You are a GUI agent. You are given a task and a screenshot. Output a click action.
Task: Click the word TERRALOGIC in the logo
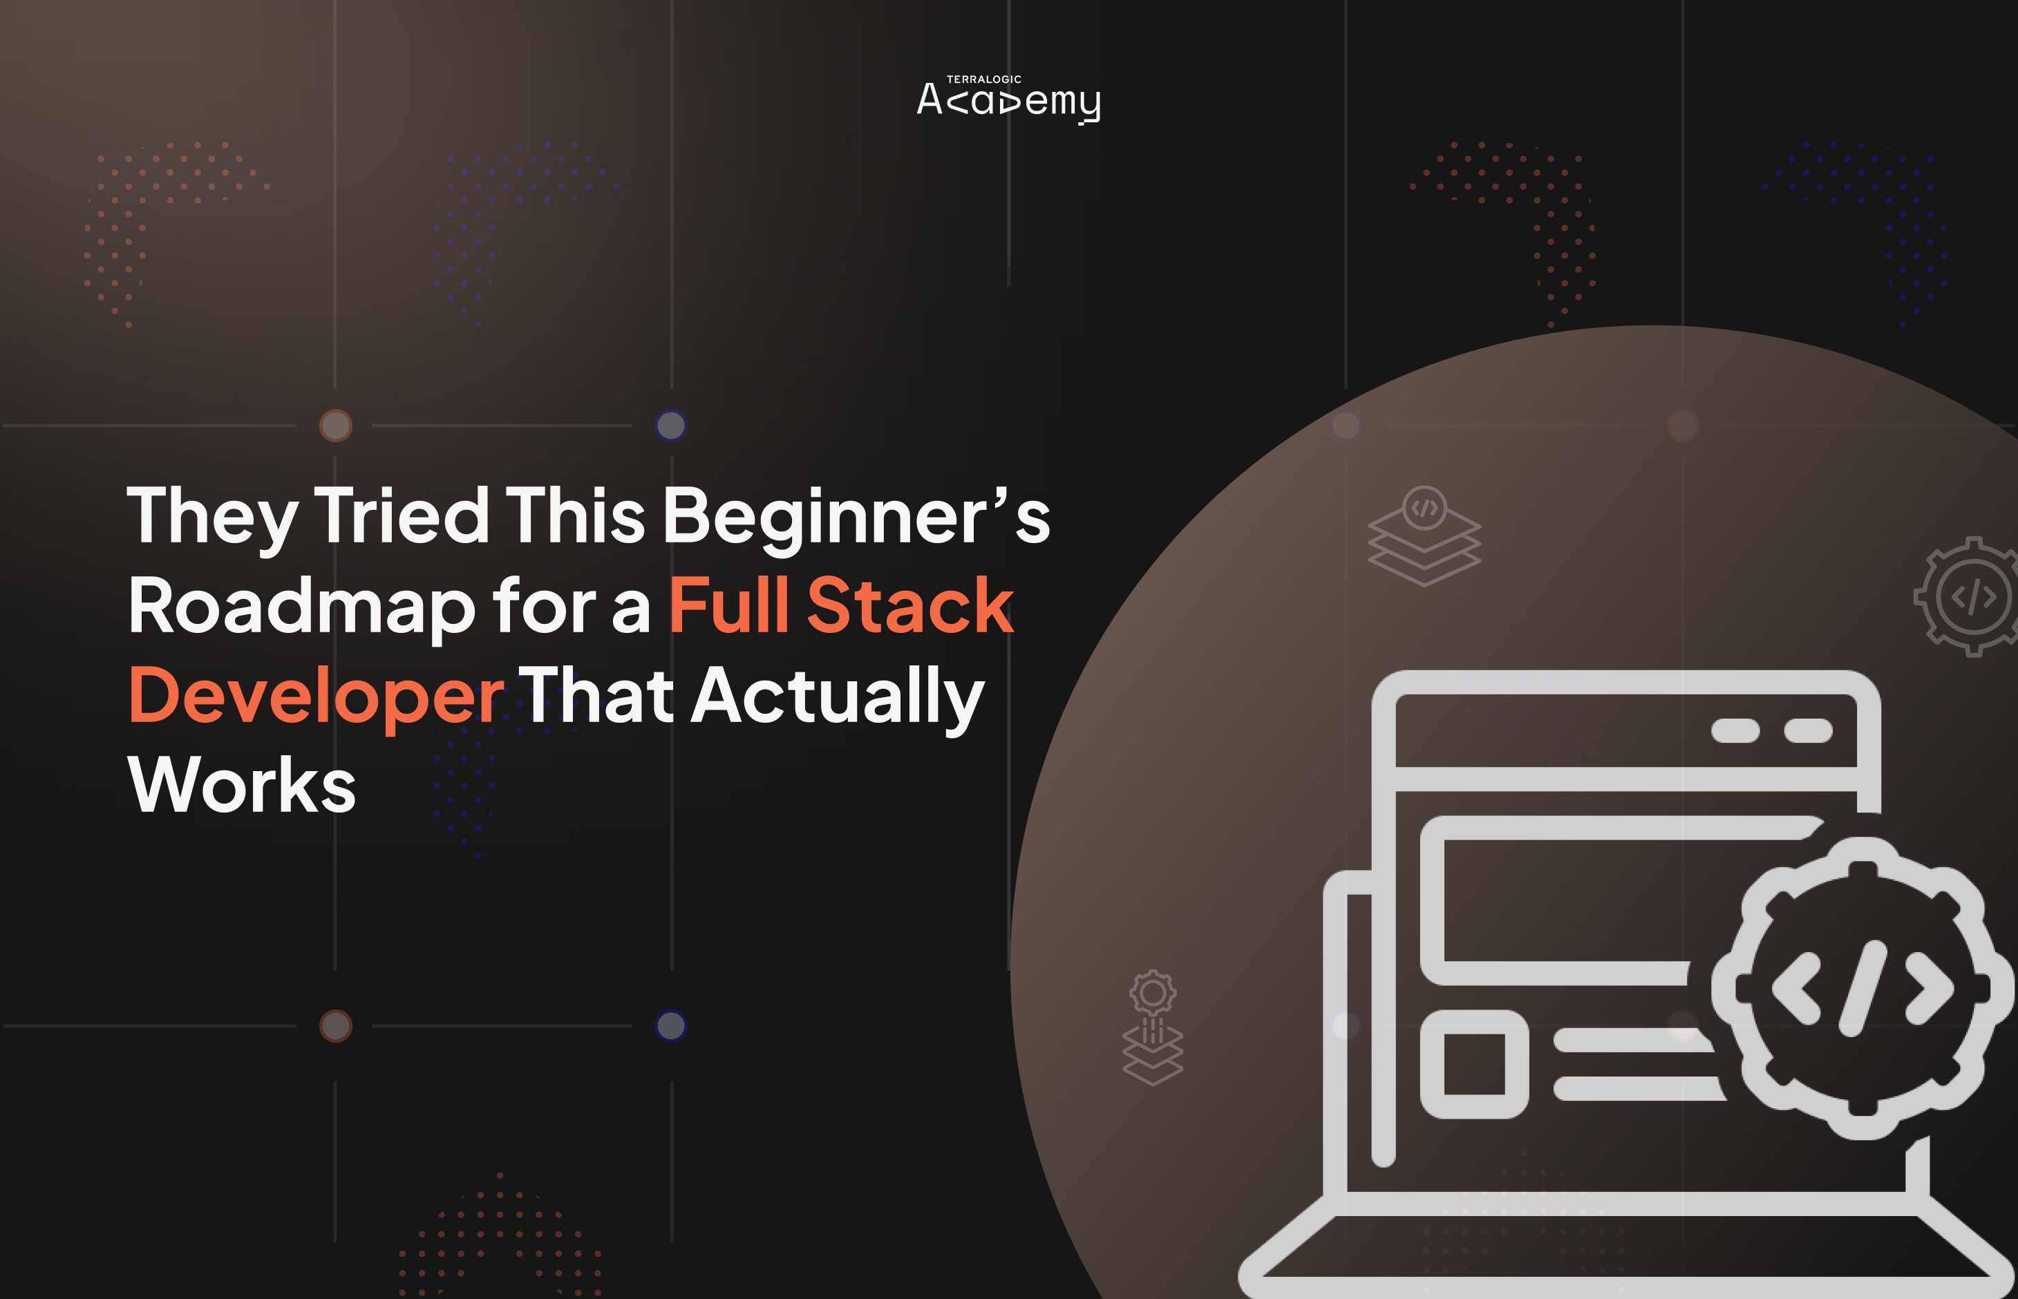pyautogui.click(x=983, y=79)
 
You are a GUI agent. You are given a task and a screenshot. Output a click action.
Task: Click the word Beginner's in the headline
pyautogui.click(x=856, y=516)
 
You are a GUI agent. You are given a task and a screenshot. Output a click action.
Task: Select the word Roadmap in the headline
pyautogui.click(x=302, y=607)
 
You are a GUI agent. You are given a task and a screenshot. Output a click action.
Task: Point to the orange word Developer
pyautogui.click(x=317, y=696)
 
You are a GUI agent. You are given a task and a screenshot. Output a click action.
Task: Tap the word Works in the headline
pyautogui.click(x=242, y=786)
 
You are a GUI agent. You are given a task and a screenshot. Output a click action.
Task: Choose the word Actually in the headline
pyautogui.click(x=838, y=696)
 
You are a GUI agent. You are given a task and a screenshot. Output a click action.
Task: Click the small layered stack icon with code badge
pyautogui.click(x=1424, y=535)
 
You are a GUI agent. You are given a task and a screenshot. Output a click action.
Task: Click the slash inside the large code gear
pyautogui.click(x=1862, y=989)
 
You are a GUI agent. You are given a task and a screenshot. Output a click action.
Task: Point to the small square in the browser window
pyautogui.click(x=1474, y=1063)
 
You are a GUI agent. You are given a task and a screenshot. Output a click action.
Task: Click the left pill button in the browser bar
pyautogui.click(x=1735, y=730)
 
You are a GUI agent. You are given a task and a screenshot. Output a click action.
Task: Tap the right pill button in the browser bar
pyautogui.click(x=1808, y=730)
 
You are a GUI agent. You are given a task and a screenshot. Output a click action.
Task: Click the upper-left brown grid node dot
pyautogui.click(x=336, y=426)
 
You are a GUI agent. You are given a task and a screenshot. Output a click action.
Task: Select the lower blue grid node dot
pyautogui.click(x=670, y=1025)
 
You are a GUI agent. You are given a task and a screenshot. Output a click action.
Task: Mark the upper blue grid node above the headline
pyautogui.click(x=670, y=426)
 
